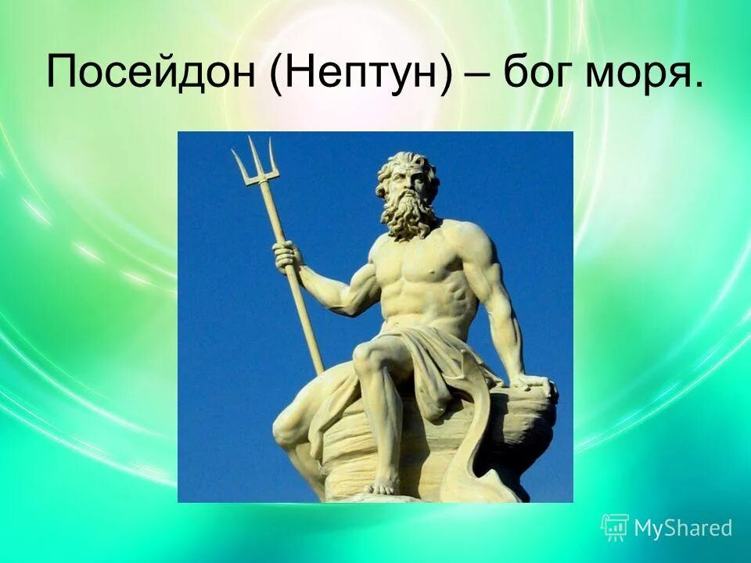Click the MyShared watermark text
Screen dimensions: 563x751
click(682, 528)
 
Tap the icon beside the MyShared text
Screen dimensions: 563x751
click(615, 527)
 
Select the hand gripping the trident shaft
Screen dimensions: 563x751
click(287, 254)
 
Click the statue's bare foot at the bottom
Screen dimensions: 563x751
click(381, 485)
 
